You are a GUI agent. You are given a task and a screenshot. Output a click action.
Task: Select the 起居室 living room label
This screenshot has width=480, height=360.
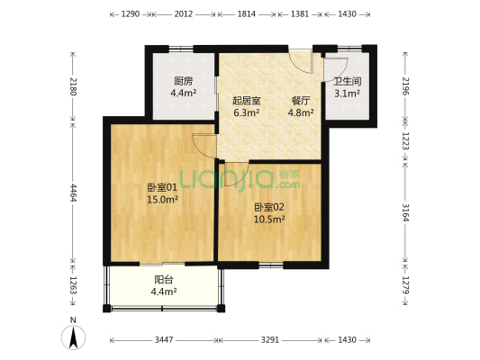tap(246, 100)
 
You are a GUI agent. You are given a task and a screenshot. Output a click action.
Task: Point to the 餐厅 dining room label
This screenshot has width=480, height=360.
tap(301, 100)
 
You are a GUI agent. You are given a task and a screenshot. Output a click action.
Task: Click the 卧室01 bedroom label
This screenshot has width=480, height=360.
tap(162, 187)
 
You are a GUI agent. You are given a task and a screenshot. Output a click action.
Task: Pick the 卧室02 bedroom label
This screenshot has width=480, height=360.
tap(269, 205)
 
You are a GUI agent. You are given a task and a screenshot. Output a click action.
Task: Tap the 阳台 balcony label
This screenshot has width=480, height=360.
tap(163, 279)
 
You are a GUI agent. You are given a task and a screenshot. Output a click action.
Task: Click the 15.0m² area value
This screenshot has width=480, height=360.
tap(162, 200)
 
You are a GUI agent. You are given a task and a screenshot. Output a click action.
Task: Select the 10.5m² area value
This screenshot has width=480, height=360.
tap(269, 218)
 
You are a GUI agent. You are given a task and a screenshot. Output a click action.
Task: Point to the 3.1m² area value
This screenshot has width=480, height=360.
tap(347, 92)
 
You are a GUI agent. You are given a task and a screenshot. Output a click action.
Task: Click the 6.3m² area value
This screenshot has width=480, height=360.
tap(246, 112)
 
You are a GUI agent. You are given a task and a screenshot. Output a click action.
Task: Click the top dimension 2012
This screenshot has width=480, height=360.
tap(183, 14)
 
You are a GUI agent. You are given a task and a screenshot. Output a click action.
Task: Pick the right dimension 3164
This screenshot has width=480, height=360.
tap(406, 212)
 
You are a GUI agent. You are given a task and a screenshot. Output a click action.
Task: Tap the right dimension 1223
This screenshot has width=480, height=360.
tap(406, 141)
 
